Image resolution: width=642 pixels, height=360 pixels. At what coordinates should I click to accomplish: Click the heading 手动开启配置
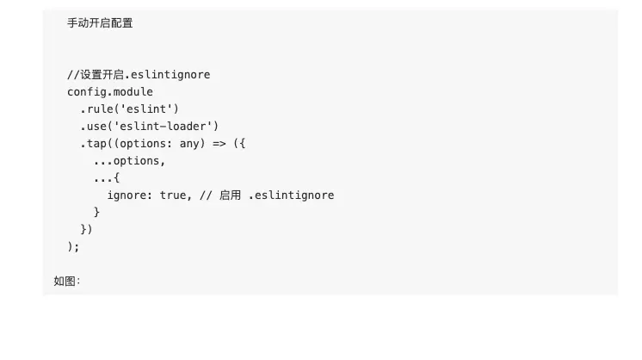pyautogui.click(x=100, y=23)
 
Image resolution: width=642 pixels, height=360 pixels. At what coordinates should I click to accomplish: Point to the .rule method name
pyautogui.click(x=97, y=109)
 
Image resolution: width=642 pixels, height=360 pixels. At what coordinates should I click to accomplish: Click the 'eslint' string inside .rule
pyautogui.click(x=147, y=109)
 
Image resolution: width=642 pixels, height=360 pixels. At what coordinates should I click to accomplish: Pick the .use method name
pyautogui.click(x=94, y=126)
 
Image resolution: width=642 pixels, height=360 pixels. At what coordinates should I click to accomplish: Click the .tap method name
pyautogui.click(x=94, y=143)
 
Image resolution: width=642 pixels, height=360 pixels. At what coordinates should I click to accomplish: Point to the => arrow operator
pyautogui.click(x=219, y=143)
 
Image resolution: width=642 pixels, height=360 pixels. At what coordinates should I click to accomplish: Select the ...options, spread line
pyautogui.click(x=129, y=160)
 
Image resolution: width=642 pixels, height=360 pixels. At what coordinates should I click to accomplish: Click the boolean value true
pyautogui.click(x=173, y=195)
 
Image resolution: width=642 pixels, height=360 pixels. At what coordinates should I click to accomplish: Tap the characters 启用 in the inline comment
pyautogui.click(x=230, y=196)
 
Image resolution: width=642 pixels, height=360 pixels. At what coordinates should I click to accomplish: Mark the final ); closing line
pyautogui.click(x=73, y=246)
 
